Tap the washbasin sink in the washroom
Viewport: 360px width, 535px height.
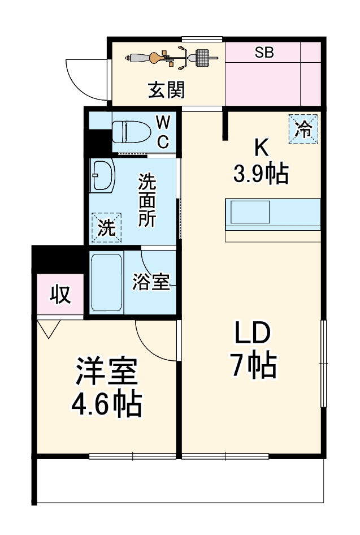102,175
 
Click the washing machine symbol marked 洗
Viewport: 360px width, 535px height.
106,227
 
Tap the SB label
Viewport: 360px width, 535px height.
264,53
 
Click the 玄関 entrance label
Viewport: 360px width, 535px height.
166,90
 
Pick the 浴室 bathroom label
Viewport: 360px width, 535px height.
151,282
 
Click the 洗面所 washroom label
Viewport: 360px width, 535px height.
148,201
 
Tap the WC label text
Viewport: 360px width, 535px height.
162,132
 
